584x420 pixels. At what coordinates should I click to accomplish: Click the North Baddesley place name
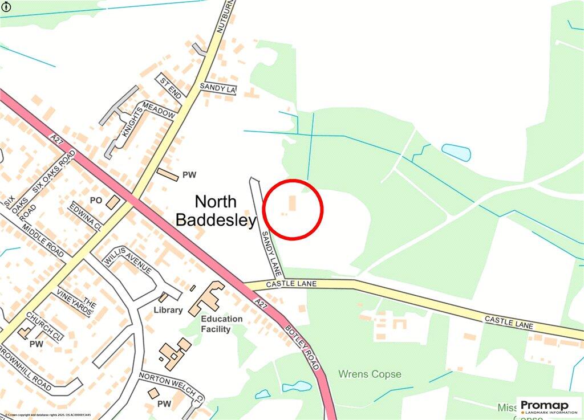pyautogui.click(x=216, y=210)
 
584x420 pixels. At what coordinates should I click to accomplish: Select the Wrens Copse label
pyautogui.click(x=370, y=374)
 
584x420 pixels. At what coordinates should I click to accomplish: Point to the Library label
pyautogui.click(x=168, y=310)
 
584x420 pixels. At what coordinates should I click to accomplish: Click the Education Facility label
pyautogui.click(x=221, y=324)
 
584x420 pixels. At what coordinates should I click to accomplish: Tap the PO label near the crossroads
pyautogui.click(x=95, y=201)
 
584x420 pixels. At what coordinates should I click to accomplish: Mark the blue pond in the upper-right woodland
pyautogui.click(x=456, y=152)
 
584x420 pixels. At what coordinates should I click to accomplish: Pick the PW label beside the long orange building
pyautogui.click(x=189, y=174)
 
